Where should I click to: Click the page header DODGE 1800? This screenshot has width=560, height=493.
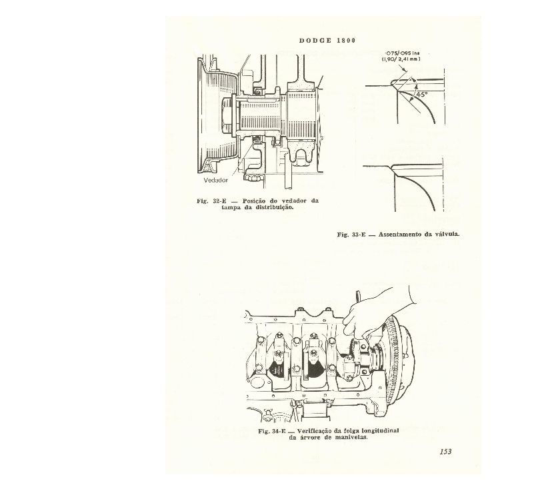coord(327,41)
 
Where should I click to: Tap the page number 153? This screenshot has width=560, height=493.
coord(446,452)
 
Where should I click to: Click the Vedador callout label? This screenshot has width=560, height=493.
coord(216,180)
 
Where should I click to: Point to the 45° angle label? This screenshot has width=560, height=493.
coord(422,95)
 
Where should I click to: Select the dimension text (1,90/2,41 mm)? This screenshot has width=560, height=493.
coord(401,59)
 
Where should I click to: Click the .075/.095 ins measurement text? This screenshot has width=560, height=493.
coord(401,53)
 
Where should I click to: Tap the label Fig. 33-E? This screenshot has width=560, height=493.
coord(351,235)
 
